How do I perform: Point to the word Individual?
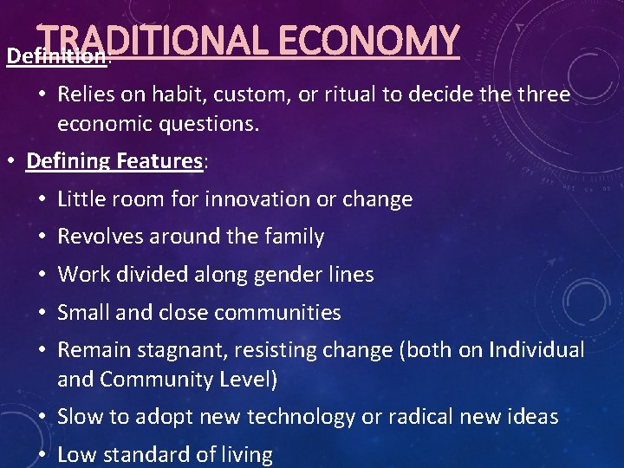[536, 350]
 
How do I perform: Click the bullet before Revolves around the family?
[43, 237]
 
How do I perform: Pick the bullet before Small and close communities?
[43, 313]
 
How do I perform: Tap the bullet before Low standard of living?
[43, 454]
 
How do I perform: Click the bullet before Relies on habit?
[43, 94]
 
